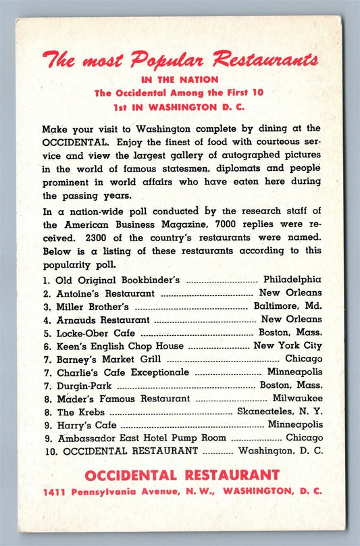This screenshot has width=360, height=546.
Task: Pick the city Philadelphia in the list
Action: click(x=292, y=279)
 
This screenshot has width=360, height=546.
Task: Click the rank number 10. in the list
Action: click(x=49, y=450)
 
